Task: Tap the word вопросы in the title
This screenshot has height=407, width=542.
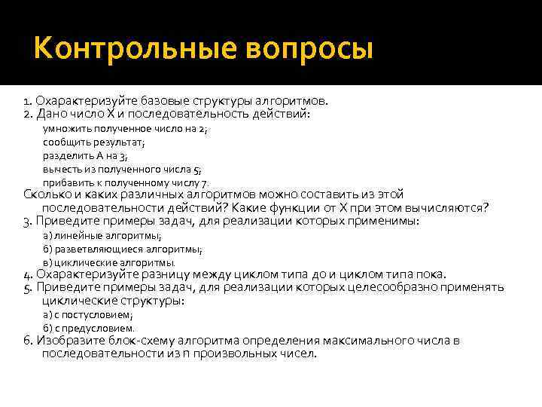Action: tap(307, 50)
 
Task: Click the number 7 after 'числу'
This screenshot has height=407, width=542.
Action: tap(203, 182)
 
